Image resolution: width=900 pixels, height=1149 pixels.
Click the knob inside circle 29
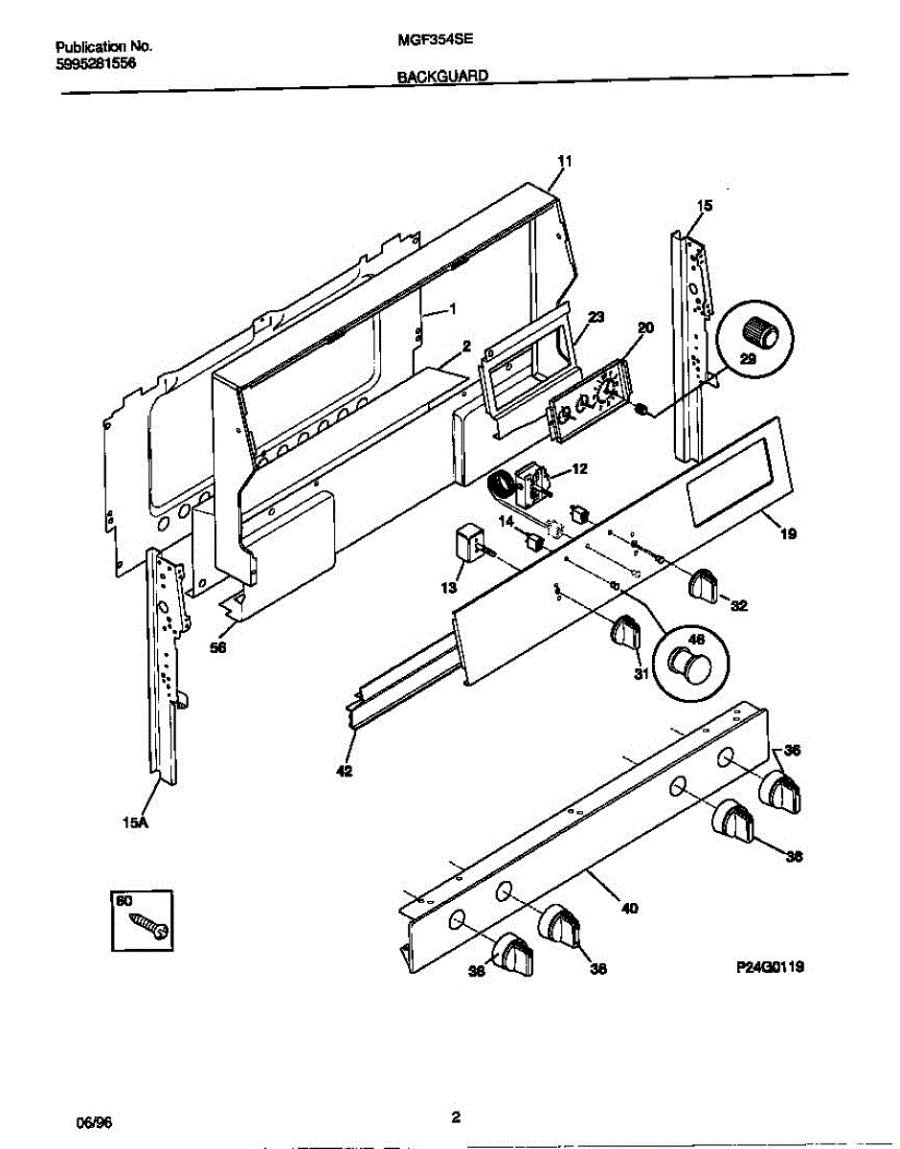(x=762, y=332)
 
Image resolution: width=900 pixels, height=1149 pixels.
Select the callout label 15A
(x=135, y=820)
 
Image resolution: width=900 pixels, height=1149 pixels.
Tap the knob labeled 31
(x=626, y=631)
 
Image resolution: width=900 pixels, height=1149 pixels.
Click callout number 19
(x=788, y=534)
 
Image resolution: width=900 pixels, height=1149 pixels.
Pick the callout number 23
(x=596, y=317)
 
